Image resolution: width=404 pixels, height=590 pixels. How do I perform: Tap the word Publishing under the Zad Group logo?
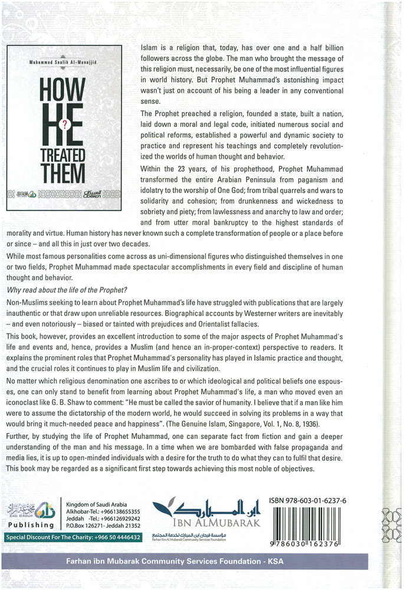click(29, 525)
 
